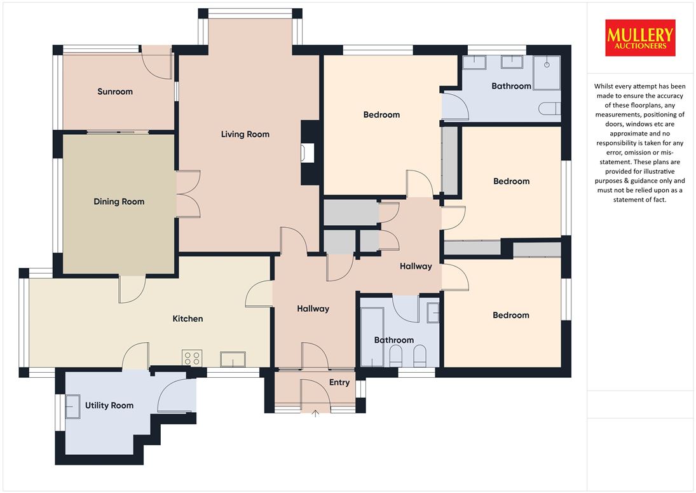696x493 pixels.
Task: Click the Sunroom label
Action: pyautogui.click(x=115, y=92)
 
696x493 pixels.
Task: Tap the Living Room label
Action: pyautogui.click(x=245, y=134)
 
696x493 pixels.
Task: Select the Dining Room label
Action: pyautogui.click(x=119, y=202)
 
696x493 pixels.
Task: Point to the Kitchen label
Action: pyautogui.click(x=188, y=319)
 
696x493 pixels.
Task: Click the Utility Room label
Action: pyautogui.click(x=109, y=405)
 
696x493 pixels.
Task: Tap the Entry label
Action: pyautogui.click(x=339, y=382)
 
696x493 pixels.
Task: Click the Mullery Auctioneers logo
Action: pyautogui.click(x=640, y=38)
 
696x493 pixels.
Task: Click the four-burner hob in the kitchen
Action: pyautogui.click(x=192, y=358)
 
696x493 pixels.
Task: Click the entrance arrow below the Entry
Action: pyautogui.click(x=315, y=413)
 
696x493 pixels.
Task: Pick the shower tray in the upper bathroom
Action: pyautogui.click(x=547, y=73)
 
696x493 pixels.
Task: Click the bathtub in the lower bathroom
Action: pyautogui.click(x=372, y=337)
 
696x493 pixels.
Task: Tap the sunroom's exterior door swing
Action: pyautogui.click(x=156, y=62)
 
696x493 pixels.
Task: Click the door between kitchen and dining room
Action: pyautogui.click(x=132, y=289)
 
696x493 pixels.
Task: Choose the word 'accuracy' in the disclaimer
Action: pyautogui.click(x=658, y=96)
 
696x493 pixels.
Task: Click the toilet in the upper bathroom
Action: pyautogui.click(x=550, y=109)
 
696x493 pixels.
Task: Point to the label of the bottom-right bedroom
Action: pyautogui.click(x=511, y=316)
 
